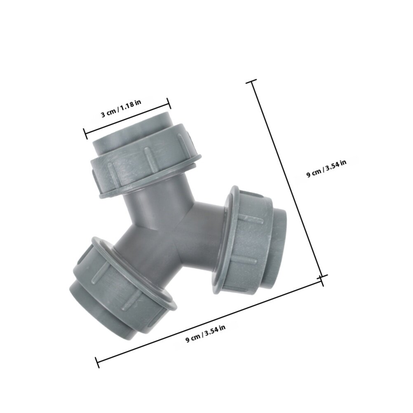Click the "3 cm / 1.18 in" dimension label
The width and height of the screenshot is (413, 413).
coord(121,108)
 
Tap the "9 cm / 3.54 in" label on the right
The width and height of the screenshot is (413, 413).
coord(326,169)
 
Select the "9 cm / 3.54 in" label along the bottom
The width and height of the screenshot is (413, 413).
coord(206,333)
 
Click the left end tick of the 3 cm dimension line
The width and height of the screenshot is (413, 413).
coord(85,134)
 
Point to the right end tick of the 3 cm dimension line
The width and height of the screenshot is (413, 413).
coord(169,103)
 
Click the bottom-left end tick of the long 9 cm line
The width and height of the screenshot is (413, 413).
coord(97,362)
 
